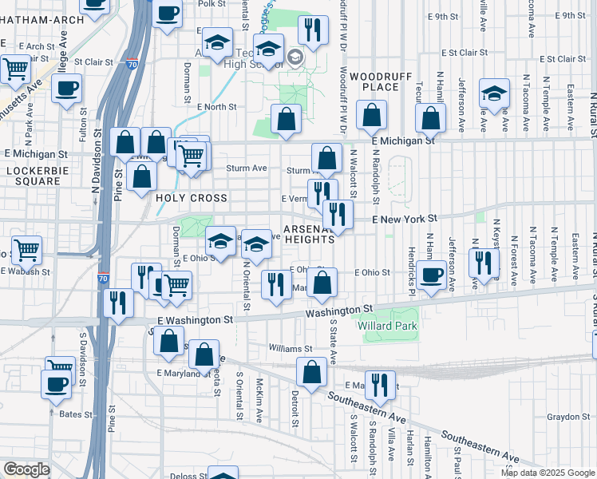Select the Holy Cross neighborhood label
[192, 198]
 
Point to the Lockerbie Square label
[33, 176]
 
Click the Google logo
[26, 469]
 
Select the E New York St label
[405, 218]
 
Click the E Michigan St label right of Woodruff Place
[403, 140]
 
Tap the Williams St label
[291, 349]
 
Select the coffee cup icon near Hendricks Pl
[432, 275]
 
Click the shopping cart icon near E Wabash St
[26, 251]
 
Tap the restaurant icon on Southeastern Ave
[380, 385]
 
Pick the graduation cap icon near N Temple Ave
[494, 93]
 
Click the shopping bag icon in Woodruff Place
[371, 116]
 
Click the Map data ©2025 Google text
[547, 473]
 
